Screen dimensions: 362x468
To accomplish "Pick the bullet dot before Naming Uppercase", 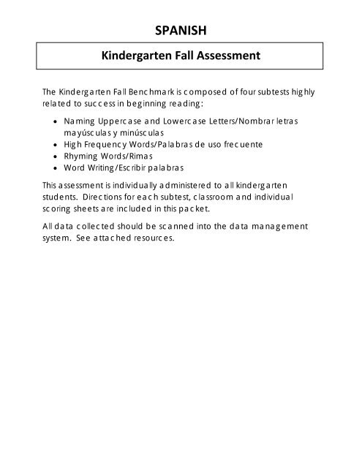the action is pos(58,121).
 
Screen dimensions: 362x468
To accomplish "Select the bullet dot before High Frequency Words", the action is pos(58,146).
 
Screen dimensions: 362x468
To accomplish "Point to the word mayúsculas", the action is pos(88,133).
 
